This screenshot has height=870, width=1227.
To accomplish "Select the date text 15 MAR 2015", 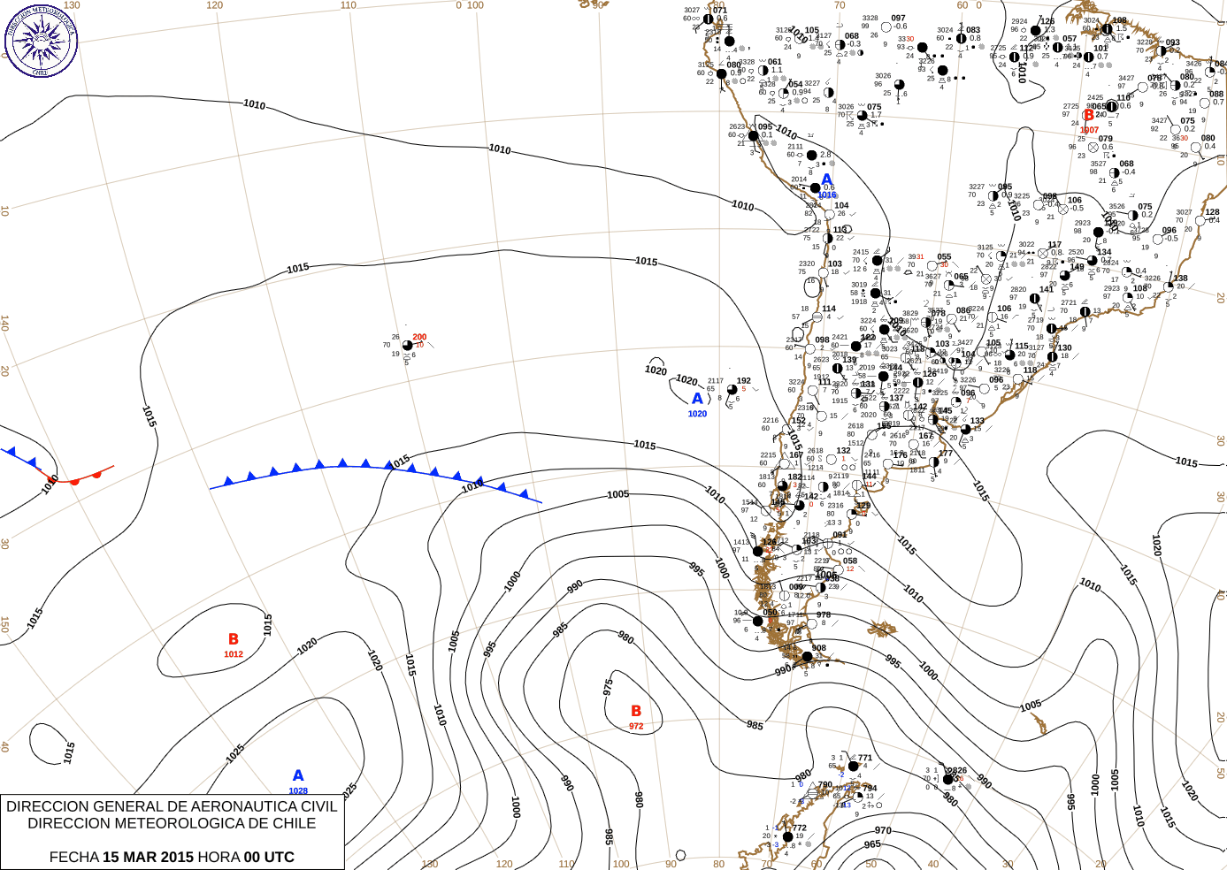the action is pyautogui.click(x=148, y=857).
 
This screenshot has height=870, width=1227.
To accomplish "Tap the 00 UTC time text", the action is pyautogui.click(x=269, y=857).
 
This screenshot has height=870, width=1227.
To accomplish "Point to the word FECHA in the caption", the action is pyautogui.click(x=73, y=857).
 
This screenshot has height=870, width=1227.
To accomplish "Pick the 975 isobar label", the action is pyautogui.click(x=608, y=687).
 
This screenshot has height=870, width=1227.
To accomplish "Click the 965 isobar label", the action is pyautogui.click(x=872, y=844).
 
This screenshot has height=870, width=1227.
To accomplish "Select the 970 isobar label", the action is pyautogui.click(x=883, y=830).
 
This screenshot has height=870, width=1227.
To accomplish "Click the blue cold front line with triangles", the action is pyautogui.click(x=372, y=466).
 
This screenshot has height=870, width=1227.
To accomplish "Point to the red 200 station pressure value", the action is pyautogui.click(x=419, y=337).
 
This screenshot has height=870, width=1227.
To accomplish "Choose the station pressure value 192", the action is pyautogui.click(x=744, y=381).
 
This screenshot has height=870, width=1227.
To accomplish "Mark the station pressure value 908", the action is pyautogui.click(x=819, y=648).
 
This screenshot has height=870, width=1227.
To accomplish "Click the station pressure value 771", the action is pyautogui.click(x=865, y=758).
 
